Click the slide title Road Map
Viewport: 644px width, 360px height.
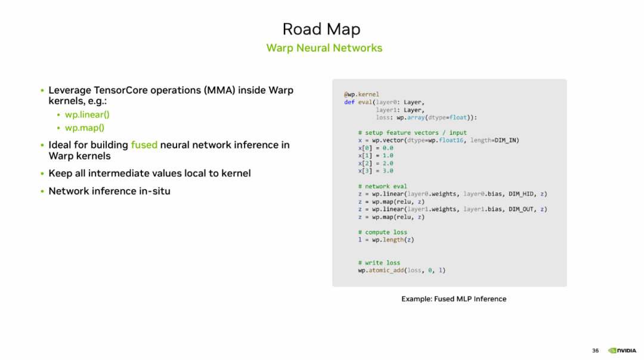tap(321, 29)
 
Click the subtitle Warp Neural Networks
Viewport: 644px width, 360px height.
tap(324, 48)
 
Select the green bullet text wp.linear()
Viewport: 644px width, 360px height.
tap(87, 115)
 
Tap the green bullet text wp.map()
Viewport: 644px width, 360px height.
tap(85, 128)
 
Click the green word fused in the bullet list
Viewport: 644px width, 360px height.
tap(144, 145)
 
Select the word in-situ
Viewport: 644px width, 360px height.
tap(154, 191)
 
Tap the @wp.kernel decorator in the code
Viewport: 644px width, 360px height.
tap(361, 94)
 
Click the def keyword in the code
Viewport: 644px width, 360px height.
tap(349, 102)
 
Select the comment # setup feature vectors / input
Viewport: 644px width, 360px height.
tap(413, 132)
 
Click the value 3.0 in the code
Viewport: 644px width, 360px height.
tap(388, 171)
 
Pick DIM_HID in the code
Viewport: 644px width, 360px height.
tap(521, 194)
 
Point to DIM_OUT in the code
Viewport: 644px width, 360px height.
tap(521, 209)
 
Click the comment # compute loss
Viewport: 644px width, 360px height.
tap(382, 232)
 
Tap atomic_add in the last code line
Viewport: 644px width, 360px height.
tap(386, 271)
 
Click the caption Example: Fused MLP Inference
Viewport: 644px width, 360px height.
tap(454, 299)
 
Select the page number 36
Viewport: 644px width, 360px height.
tap(595, 350)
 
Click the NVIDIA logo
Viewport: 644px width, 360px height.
tap(622, 350)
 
